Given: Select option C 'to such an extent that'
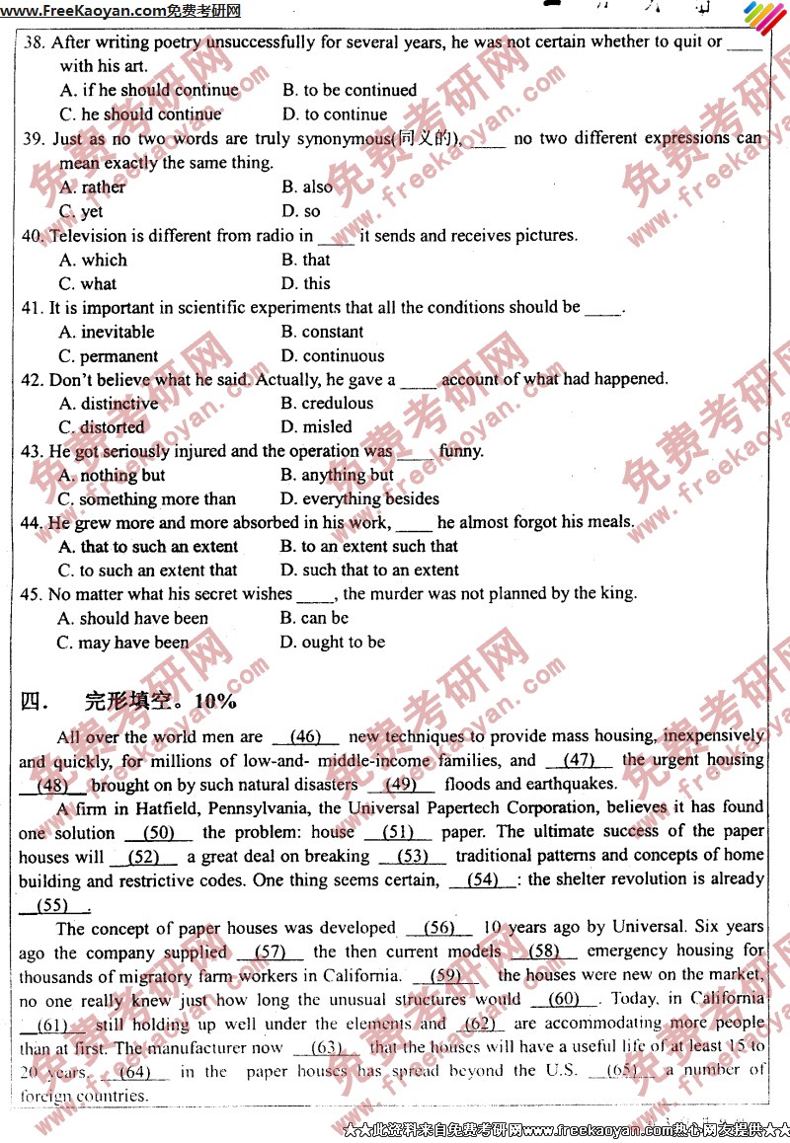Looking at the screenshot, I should click(147, 571).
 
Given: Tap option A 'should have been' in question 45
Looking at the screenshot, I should click(132, 619).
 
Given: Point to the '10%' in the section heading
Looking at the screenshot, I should click(216, 702).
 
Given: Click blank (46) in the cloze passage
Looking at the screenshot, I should click(306, 737).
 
